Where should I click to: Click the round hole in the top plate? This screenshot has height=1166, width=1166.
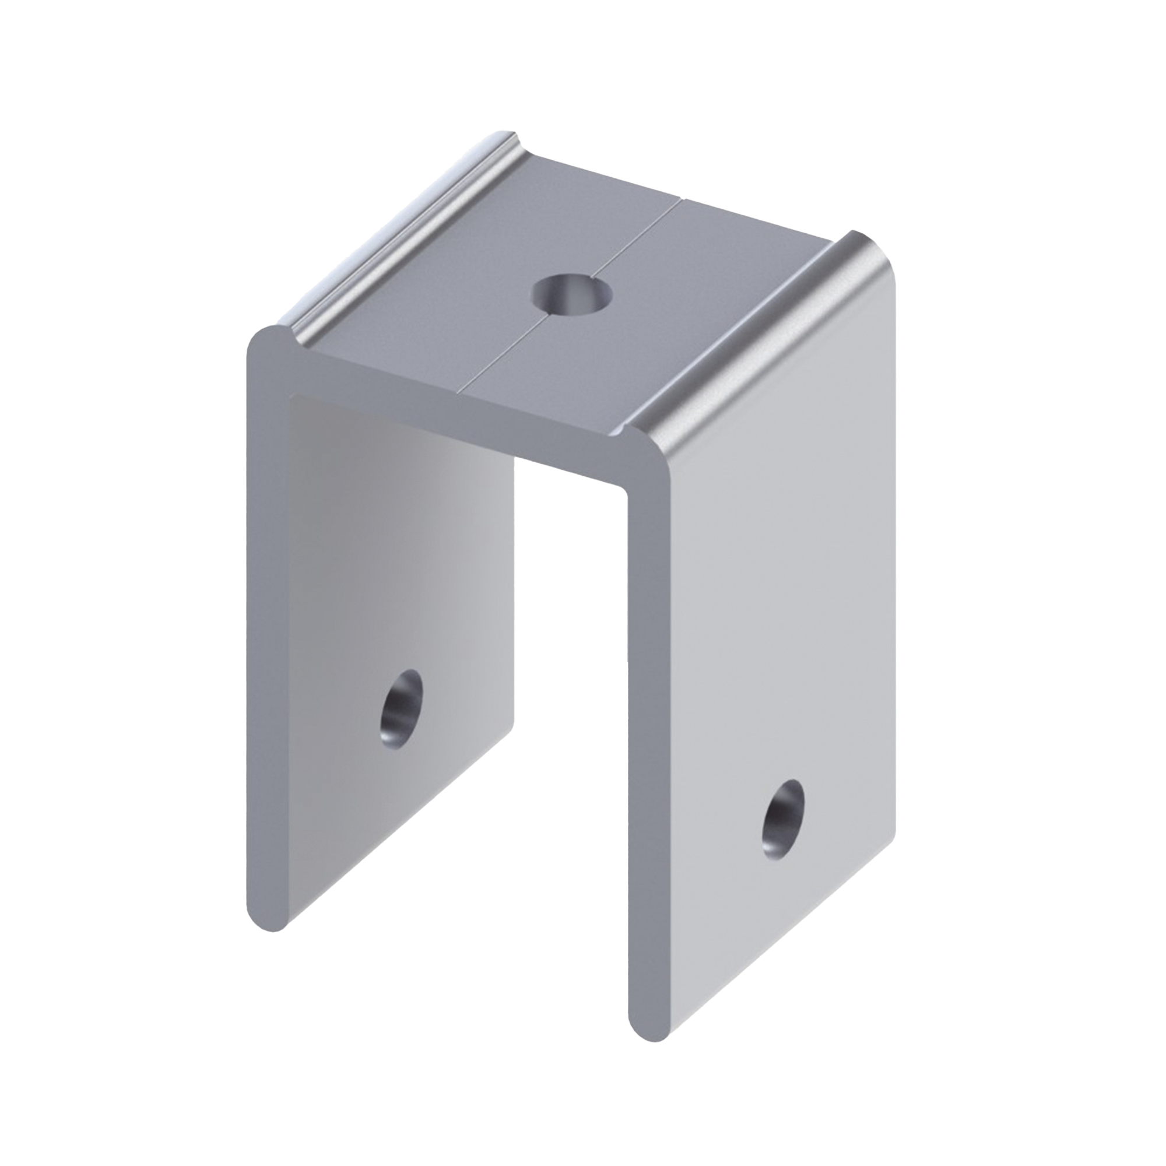coord(571,294)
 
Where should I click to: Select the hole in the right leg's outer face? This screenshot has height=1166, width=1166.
coord(784,819)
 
